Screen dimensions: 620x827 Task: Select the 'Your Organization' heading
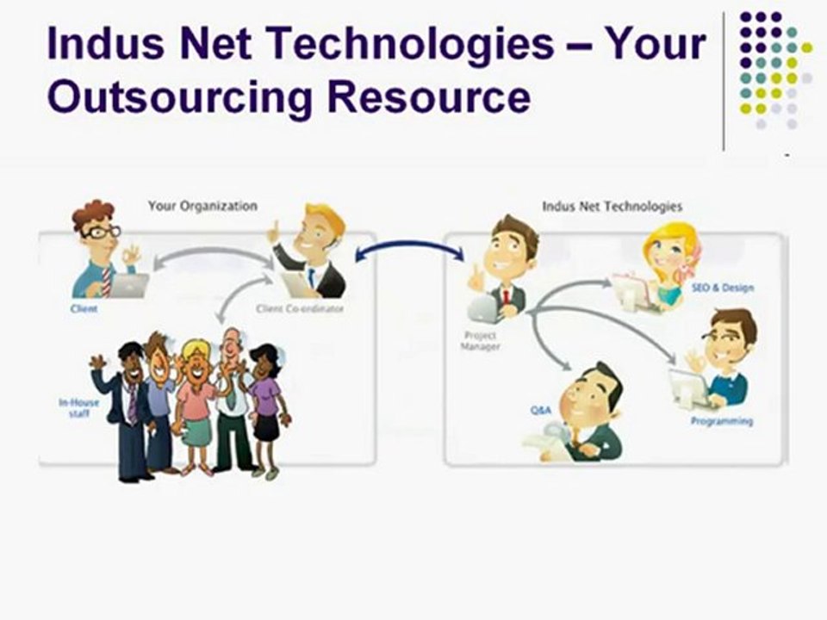[202, 206]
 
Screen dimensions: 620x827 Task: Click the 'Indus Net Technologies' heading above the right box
[612, 207]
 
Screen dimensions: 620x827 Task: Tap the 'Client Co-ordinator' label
[299, 307]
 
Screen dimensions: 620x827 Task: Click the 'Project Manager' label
[480, 341]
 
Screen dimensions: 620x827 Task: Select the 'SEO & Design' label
[723, 288]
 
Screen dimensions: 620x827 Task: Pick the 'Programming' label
[721, 421]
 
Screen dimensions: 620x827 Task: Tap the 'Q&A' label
[540, 410]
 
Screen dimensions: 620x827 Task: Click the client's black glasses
[102, 232]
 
